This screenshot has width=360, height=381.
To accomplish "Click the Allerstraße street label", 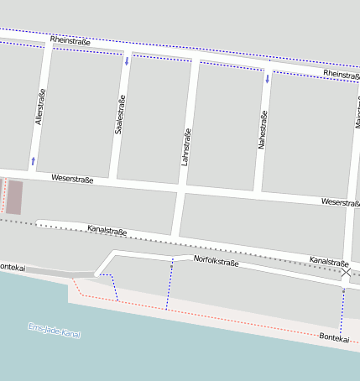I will (39, 107).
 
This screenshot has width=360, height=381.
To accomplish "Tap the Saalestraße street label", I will (119, 116).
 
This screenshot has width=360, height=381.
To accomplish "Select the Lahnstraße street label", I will (186, 146).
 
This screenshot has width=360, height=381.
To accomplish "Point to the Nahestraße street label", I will (263, 129).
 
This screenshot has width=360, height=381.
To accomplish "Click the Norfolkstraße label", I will (217, 262).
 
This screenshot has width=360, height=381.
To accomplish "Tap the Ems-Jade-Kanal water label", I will (54, 331).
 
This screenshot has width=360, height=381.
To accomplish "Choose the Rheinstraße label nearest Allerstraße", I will (70, 40).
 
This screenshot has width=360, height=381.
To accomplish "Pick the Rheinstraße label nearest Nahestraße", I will (341, 76).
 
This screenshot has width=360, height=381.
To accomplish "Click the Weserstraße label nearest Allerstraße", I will (71, 178).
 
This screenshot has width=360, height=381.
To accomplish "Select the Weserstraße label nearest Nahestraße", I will (340, 202).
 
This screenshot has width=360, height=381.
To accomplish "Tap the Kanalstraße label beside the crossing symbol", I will (328, 262).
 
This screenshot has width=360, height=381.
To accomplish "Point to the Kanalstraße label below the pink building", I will (107, 230).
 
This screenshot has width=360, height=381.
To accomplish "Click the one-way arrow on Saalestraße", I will (127, 60).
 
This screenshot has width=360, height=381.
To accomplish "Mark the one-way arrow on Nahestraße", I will (268, 80).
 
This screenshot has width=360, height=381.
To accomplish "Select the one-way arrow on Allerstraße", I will (34, 159).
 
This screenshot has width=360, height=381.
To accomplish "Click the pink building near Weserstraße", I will (15, 196).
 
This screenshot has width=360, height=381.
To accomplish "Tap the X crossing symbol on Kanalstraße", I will (346, 271).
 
